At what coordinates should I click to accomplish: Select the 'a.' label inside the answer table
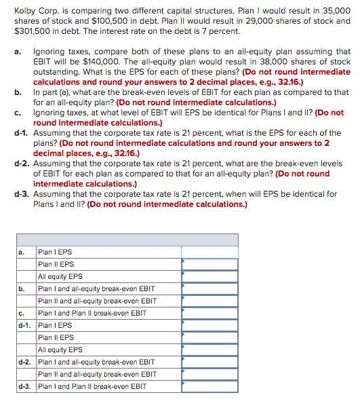[20, 252]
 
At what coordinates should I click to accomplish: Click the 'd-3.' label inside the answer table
[24, 386]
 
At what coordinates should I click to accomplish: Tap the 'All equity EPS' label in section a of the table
[60, 276]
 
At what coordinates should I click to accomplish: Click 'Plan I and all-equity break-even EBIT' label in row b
[96, 288]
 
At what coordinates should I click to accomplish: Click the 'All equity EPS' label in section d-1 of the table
[60, 350]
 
